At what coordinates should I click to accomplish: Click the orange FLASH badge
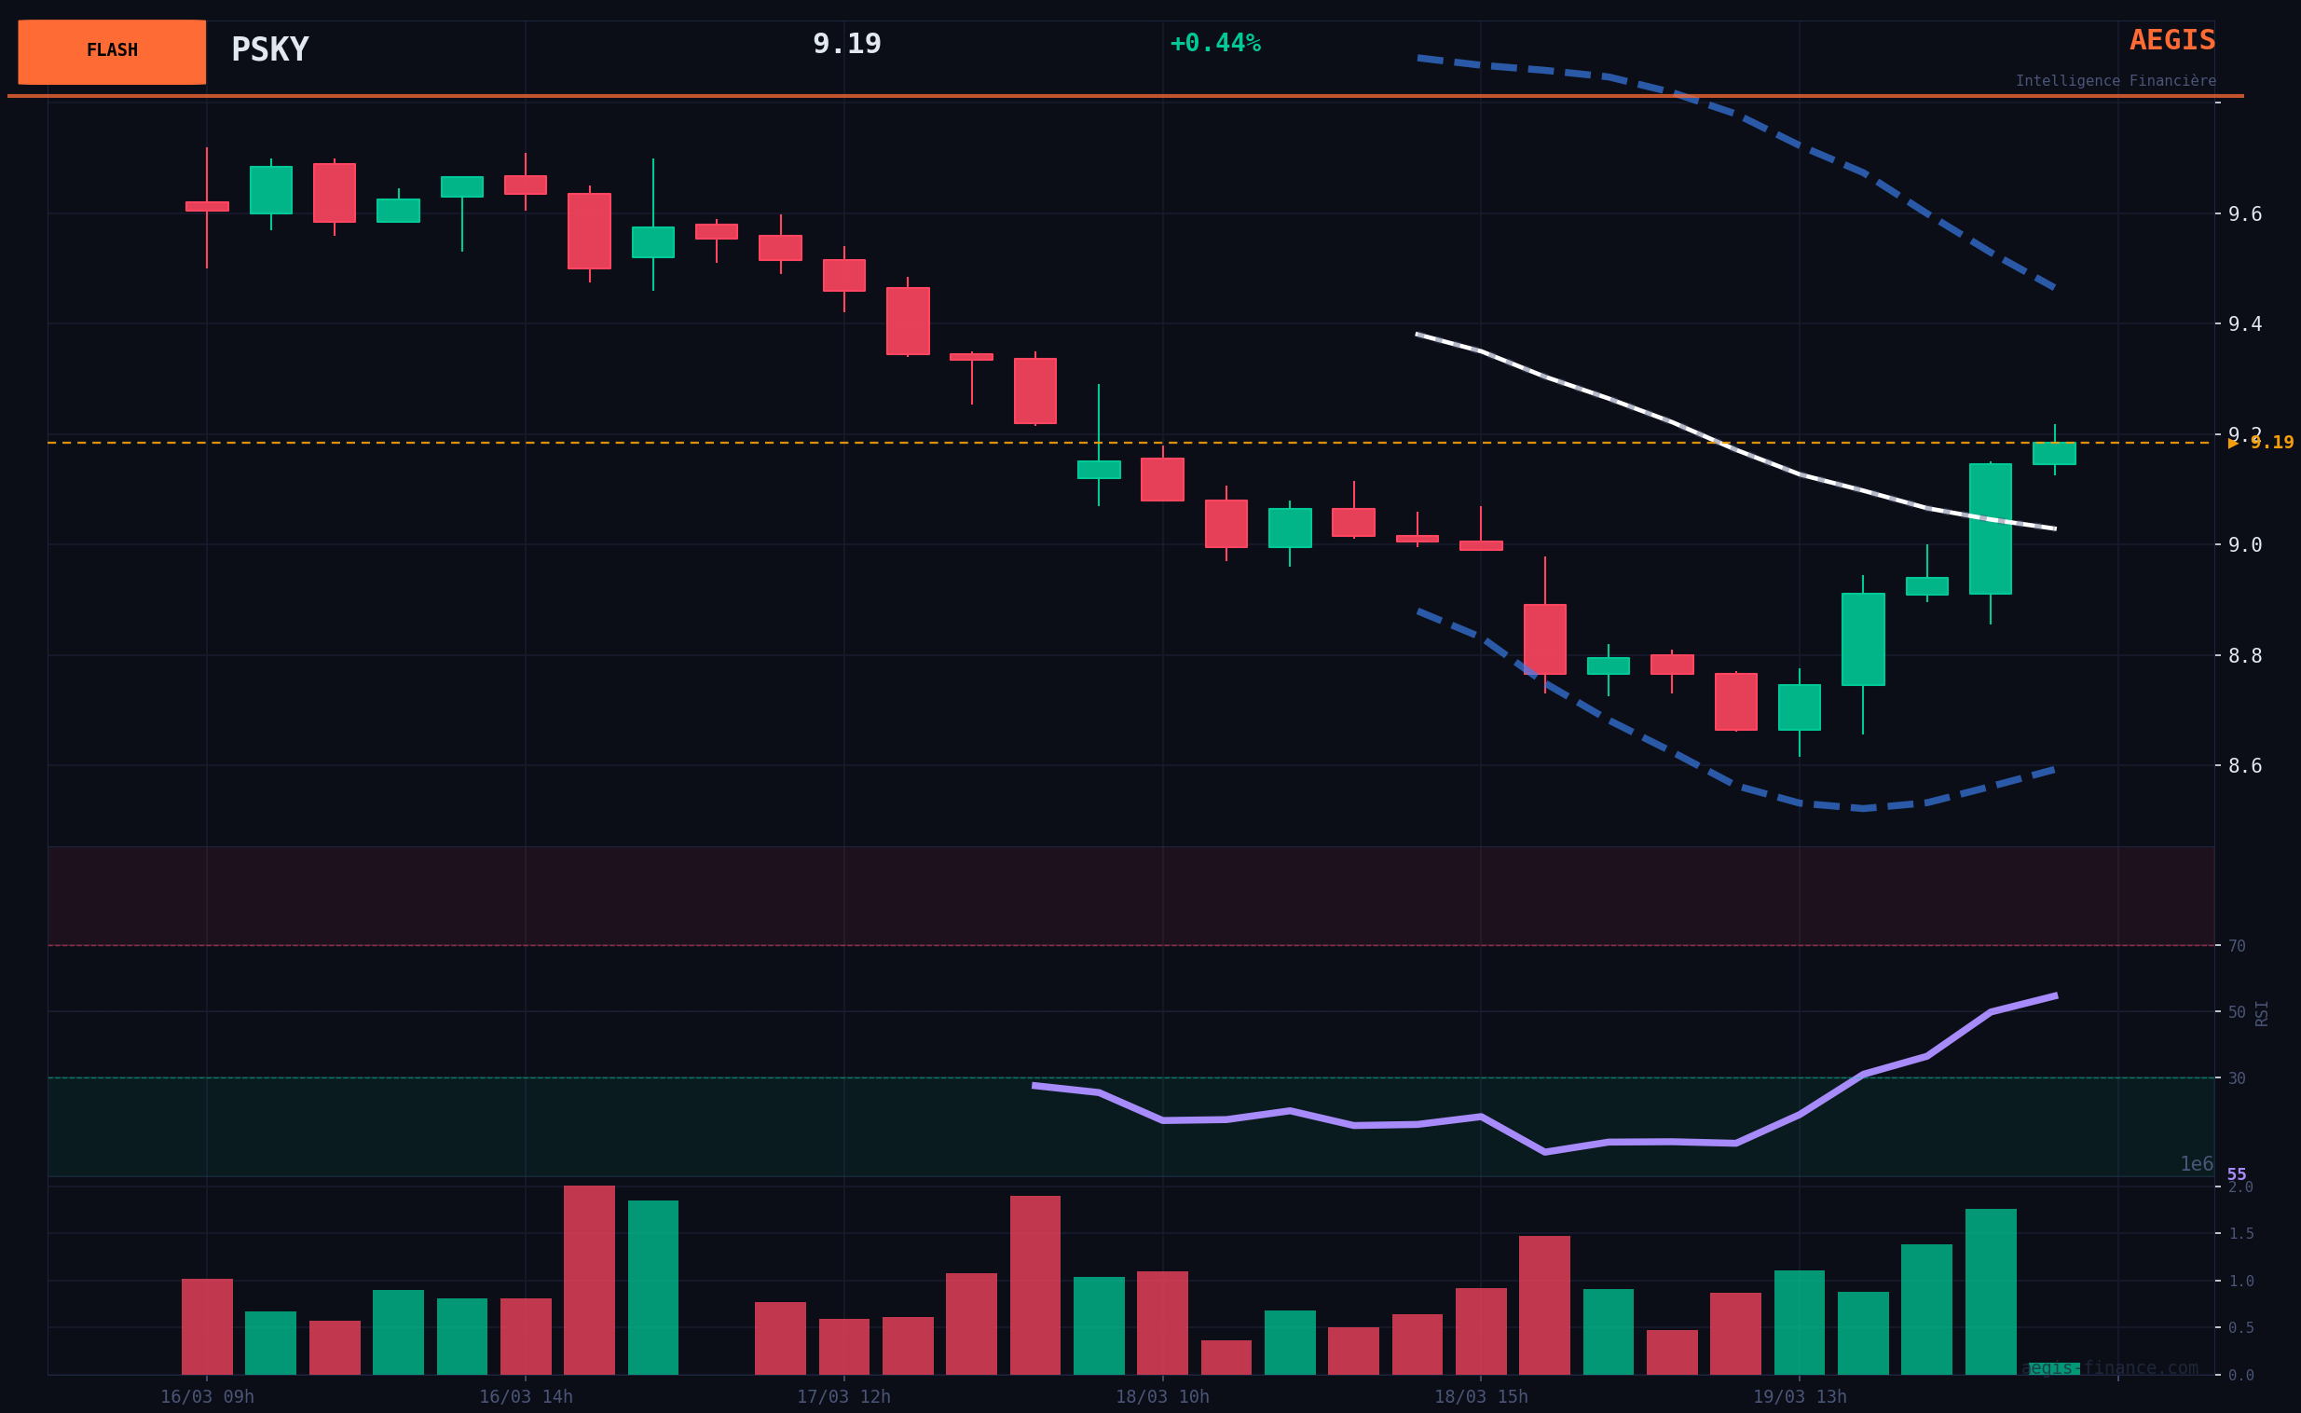[x=112, y=51]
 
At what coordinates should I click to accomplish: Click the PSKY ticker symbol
[x=270, y=49]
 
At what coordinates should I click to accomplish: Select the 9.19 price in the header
[x=846, y=44]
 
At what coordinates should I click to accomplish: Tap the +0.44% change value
[x=1214, y=44]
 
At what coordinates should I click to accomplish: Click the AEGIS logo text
[x=2172, y=40]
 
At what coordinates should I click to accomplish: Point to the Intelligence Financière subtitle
[x=2116, y=81]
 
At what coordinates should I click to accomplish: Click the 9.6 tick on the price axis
[x=2245, y=214]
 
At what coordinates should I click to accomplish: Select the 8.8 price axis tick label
[x=2245, y=656]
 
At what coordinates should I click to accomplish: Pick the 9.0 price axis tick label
[x=2245, y=545]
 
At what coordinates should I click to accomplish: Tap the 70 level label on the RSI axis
[x=2237, y=947]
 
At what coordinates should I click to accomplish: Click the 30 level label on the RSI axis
[x=2237, y=1078]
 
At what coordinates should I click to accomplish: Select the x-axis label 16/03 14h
[x=526, y=1397]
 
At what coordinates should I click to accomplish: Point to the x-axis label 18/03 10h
[x=1162, y=1397]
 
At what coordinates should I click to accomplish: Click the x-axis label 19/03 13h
[x=1800, y=1397]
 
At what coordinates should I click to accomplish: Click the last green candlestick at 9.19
[x=2054, y=453]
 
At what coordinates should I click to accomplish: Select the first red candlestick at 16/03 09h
[x=207, y=207]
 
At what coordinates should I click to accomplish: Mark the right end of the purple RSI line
[x=2055, y=995]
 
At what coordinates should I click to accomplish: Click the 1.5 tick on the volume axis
[x=2240, y=1233]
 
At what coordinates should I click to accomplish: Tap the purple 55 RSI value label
[x=2237, y=1174]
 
